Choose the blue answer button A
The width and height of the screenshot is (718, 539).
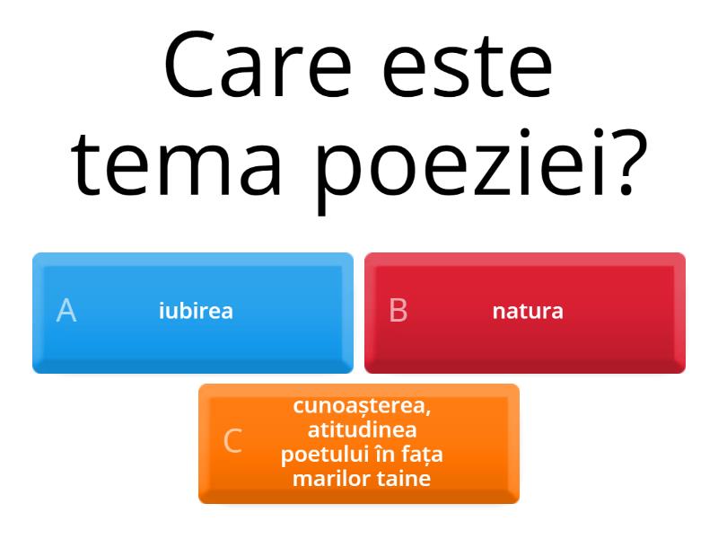pyautogui.click(x=193, y=313)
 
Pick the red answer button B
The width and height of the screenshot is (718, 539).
pyautogui.click(x=525, y=313)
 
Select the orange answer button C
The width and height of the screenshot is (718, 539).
pyautogui.click(x=359, y=443)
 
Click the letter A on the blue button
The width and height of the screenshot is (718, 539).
pyautogui.click(x=66, y=311)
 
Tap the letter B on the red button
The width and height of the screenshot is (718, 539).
pyautogui.click(x=398, y=311)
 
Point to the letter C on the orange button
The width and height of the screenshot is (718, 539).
pyautogui.click(x=232, y=441)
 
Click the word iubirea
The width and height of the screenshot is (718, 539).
pyautogui.click(x=196, y=311)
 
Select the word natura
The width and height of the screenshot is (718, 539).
pyautogui.click(x=528, y=311)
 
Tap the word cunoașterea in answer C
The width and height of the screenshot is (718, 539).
pyautogui.click(x=362, y=406)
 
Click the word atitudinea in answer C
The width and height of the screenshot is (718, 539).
pyautogui.click(x=362, y=430)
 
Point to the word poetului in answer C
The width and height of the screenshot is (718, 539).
pyautogui.click(x=318, y=455)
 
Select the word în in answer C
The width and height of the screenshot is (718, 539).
pyautogui.click(x=376, y=455)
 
